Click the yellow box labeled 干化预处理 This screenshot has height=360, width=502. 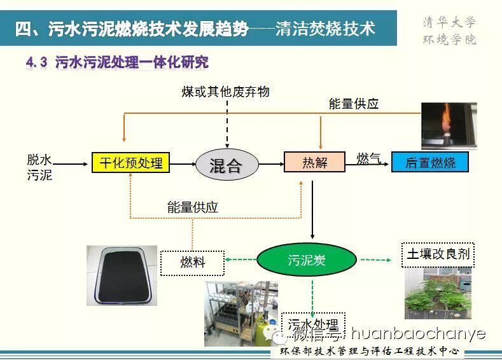tap(131, 163)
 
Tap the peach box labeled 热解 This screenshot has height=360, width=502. tap(314, 163)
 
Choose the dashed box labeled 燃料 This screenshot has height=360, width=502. tap(192, 261)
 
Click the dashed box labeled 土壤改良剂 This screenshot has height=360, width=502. tap(438, 254)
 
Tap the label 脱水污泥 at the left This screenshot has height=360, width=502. tap(39, 167)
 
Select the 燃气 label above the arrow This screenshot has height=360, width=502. tap(368, 158)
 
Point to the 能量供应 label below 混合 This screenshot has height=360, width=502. tap(192, 207)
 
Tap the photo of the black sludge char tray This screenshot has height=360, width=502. tap(122, 275)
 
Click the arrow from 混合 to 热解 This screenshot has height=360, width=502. tap(271, 164)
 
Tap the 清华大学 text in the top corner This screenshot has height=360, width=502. tap(449, 22)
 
